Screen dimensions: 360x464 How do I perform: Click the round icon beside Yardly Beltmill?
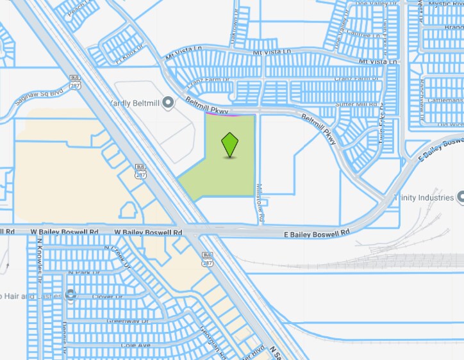click(168, 102)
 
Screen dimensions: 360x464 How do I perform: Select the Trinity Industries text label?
click(424, 198)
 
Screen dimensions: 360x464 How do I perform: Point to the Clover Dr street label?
click(106, 297)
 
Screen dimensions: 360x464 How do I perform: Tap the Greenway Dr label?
click(127, 321)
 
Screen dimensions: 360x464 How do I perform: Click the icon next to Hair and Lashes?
click(70, 295)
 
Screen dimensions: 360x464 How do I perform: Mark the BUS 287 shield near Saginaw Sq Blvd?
click(74, 81)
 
